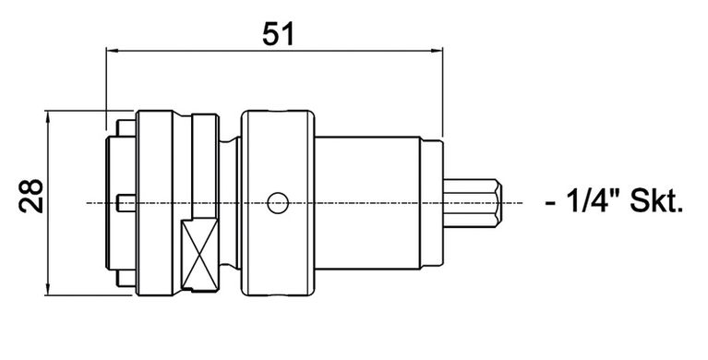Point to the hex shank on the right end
(474, 202)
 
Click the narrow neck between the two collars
(233, 202)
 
